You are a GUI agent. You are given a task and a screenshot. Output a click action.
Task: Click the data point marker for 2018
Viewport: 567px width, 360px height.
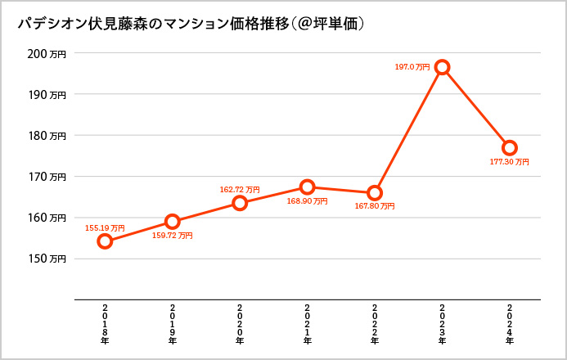pyautogui.click(x=105, y=241)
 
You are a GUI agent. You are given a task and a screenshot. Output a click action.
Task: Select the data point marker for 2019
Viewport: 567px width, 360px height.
pyautogui.click(x=172, y=221)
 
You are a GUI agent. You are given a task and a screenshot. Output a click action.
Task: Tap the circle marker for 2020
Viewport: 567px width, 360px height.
pyautogui.click(x=240, y=203)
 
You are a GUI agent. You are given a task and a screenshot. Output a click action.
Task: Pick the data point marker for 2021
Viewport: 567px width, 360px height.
pyautogui.click(x=307, y=187)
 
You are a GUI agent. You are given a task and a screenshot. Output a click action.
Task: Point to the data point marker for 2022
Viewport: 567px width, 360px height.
pyautogui.click(x=375, y=193)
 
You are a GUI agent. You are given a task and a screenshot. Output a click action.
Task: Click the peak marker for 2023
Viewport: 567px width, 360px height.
pyautogui.click(x=442, y=67)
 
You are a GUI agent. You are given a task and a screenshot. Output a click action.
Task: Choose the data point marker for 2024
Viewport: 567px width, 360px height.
pyautogui.click(x=510, y=148)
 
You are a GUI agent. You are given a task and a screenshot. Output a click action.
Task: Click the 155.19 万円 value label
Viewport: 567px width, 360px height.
pyautogui.click(x=106, y=227)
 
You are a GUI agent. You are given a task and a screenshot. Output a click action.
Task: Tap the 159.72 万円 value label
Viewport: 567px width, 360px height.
pyautogui.click(x=173, y=236)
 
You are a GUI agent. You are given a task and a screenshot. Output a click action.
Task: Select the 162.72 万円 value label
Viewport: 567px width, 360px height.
pyautogui.click(x=240, y=189)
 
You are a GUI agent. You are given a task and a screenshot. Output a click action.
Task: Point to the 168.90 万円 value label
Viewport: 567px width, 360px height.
pyautogui.click(x=307, y=201)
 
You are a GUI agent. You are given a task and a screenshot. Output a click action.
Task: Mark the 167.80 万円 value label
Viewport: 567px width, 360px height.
pyautogui.click(x=375, y=207)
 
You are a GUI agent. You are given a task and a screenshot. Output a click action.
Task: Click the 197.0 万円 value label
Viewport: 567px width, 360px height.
pyautogui.click(x=414, y=67)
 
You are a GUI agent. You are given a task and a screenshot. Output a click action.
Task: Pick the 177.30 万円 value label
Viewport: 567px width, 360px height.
pyautogui.click(x=510, y=162)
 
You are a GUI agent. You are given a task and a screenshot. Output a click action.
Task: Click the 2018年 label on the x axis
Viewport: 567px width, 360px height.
pyautogui.click(x=105, y=322)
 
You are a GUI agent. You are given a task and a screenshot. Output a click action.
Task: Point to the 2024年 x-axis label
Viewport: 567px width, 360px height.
pyautogui.click(x=510, y=322)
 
